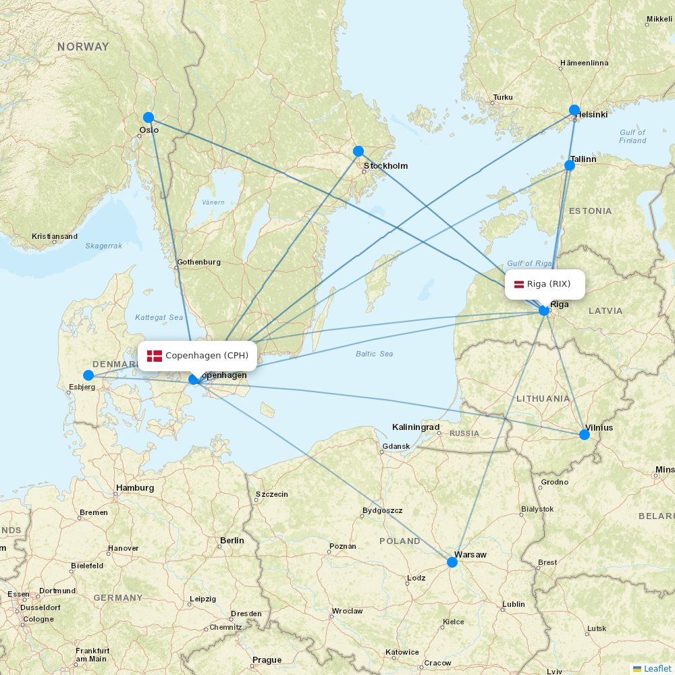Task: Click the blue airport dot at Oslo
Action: pos(148,117)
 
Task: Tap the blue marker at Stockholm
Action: pos(358,151)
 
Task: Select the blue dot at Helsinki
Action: pos(574,110)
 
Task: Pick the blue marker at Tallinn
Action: pos(570,165)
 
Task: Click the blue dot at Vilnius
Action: pos(585,435)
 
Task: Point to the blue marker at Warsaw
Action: pos(452,562)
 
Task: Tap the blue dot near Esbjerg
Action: pos(88,375)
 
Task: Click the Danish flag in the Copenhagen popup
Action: pos(155,356)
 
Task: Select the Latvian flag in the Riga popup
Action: pos(519,284)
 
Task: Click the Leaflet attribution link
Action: pos(657,668)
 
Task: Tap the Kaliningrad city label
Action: pos(416,427)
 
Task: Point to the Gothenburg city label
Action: pos(198,262)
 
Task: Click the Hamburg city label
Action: pos(135,487)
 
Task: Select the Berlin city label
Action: pos(232,541)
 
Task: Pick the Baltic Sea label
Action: pos(374,354)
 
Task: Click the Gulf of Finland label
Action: pos(632,136)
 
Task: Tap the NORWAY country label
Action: pos(83,47)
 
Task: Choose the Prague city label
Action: pos(267,660)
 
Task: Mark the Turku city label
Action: pos(503,97)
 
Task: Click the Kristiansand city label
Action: pos(55,237)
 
